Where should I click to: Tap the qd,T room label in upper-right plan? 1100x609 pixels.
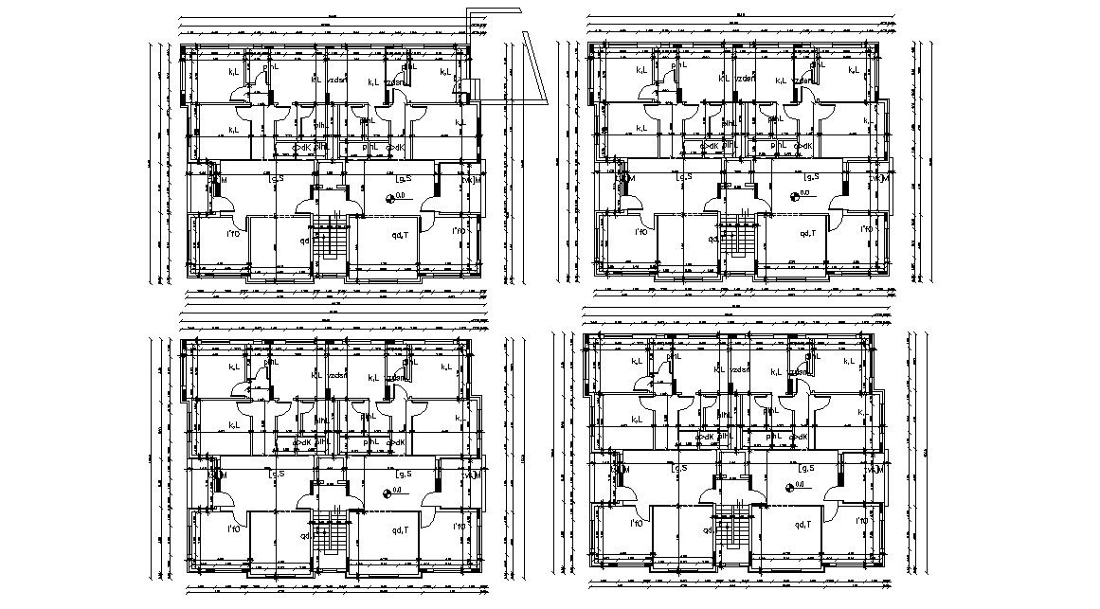tap(807, 233)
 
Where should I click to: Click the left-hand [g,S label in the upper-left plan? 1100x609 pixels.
tap(277, 177)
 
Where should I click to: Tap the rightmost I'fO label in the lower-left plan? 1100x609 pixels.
tap(458, 526)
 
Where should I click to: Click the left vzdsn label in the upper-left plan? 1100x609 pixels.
tap(336, 81)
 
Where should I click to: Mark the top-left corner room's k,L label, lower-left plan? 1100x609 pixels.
tap(234, 367)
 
